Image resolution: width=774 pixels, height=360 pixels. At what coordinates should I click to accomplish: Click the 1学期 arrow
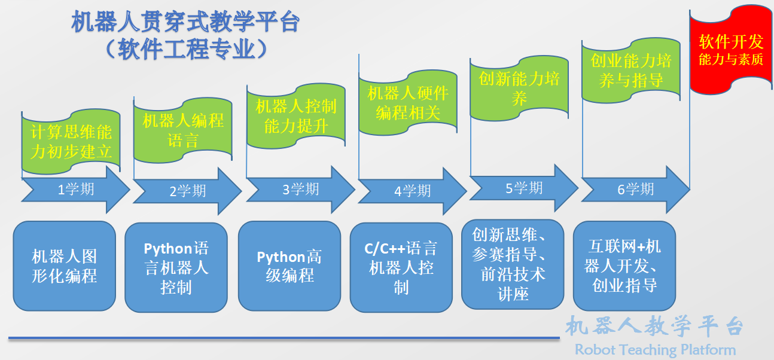(75, 190)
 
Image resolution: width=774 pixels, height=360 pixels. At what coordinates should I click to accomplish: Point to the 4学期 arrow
(412, 191)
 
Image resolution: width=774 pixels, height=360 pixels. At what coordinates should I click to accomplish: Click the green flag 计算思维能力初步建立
(71, 142)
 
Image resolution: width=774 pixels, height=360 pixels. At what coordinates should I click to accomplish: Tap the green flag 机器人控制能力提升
(296, 117)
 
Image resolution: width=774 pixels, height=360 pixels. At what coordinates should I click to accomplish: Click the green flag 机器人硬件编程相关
(408, 102)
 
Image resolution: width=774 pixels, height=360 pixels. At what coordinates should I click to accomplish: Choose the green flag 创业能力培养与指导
(631, 70)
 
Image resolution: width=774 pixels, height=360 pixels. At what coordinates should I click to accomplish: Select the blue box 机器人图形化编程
(64, 266)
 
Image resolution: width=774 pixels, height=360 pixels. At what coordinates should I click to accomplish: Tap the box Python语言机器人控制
(176, 267)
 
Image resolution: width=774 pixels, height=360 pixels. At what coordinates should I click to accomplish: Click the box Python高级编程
(290, 266)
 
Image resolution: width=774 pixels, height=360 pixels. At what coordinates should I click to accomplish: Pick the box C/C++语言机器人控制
(401, 267)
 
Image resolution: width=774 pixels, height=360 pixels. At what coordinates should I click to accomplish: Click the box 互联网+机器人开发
(624, 265)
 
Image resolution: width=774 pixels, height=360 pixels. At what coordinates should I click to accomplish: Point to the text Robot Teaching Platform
(655, 350)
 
